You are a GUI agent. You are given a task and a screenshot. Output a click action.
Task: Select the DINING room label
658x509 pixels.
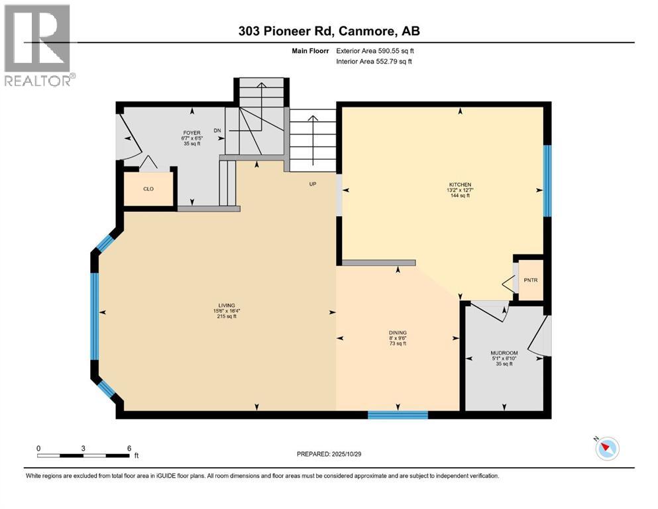tap(398, 333)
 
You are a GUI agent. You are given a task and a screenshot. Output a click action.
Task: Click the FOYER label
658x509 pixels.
tap(192, 133)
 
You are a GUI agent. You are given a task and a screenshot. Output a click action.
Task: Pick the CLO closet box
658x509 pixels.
tap(149, 188)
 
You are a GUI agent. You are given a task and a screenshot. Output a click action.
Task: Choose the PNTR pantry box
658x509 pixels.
tap(530, 280)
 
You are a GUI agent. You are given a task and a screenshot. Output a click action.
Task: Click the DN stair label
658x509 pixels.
tap(217, 131)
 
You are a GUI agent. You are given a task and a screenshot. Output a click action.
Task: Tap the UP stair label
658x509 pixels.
tap(313, 184)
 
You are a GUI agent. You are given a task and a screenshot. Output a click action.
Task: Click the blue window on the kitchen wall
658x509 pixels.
tap(547, 181)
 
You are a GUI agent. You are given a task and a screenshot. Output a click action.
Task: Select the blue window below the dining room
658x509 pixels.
tap(398, 415)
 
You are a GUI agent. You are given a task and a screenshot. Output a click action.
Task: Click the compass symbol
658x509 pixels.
tap(606, 449)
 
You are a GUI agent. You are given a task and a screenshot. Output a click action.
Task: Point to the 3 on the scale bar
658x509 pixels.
tap(83, 447)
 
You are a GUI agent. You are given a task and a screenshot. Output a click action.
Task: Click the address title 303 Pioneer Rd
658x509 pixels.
tap(329, 30)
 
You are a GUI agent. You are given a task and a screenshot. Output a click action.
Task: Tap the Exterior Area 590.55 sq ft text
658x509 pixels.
tap(376, 51)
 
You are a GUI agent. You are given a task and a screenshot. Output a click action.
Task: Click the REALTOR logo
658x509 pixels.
tap(38, 44)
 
